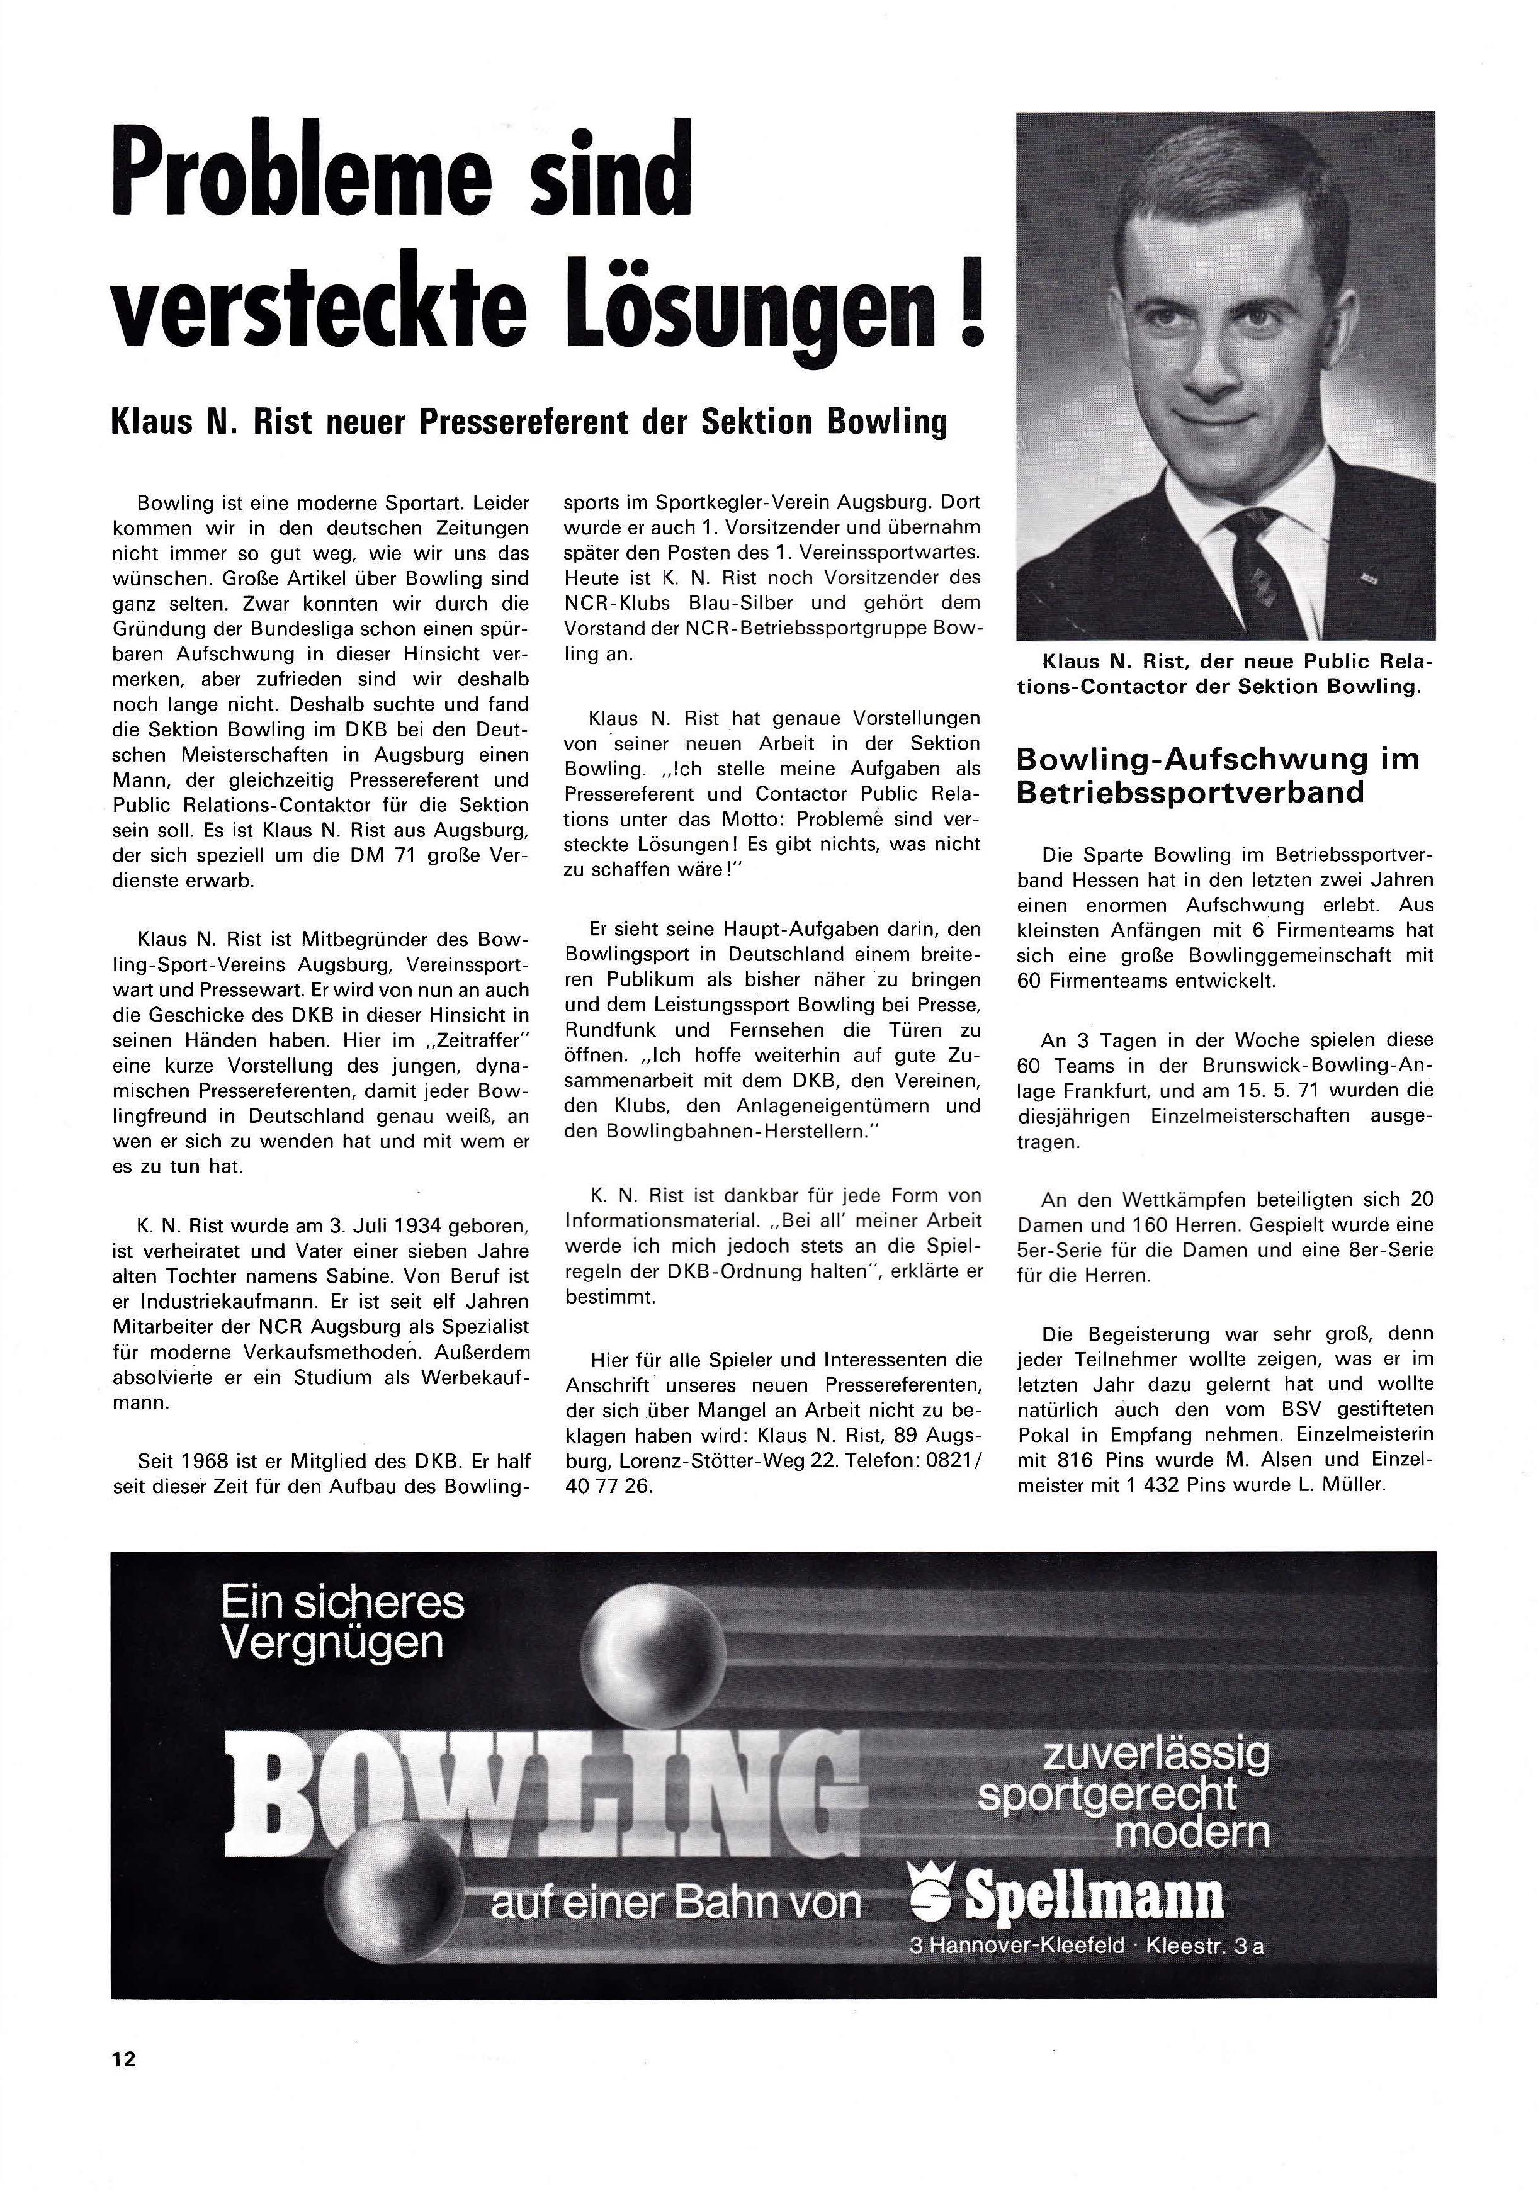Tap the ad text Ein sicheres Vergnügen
(342, 1621)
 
